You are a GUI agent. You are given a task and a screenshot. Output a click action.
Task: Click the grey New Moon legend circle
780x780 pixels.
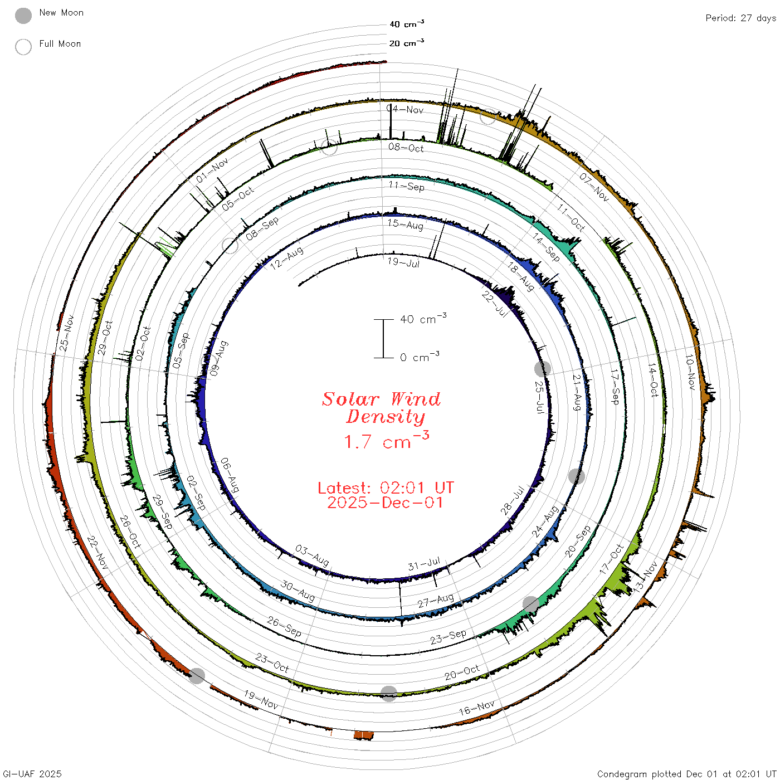(23, 16)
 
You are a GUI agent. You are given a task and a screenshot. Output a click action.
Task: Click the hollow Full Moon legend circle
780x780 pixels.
(23, 47)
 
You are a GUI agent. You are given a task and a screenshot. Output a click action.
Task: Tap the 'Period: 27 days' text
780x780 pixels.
(740, 18)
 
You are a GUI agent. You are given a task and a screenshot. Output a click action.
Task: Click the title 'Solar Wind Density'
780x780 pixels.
(382, 408)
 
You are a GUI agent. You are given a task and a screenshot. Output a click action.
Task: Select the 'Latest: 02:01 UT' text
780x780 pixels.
(386, 487)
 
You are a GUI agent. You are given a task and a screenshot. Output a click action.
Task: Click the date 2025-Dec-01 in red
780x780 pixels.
(386, 503)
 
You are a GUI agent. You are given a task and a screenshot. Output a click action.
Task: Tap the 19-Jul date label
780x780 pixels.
(403, 262)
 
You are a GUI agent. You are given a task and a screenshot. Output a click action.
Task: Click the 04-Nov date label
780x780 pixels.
(405, 109)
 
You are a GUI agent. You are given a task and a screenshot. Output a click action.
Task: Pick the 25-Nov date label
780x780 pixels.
(67, 332)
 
